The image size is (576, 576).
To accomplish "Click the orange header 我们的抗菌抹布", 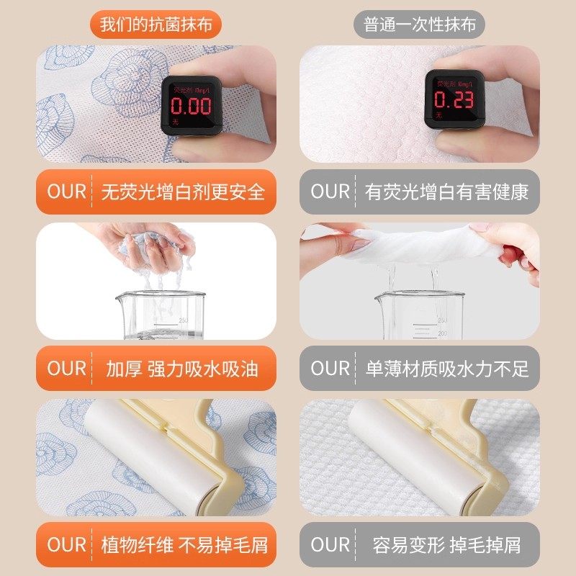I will [x=156, y=25].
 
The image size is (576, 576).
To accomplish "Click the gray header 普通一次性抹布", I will [x=419, y=25].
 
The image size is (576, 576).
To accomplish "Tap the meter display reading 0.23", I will [x=454, y=101].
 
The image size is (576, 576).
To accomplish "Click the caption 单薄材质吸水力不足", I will [x=447, y=368].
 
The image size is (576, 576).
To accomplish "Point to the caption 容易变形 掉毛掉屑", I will [x=447, y=544].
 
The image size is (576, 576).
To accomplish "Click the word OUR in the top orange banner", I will [x=67, y=192].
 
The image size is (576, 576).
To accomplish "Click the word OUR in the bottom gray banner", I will [x=330, y=544].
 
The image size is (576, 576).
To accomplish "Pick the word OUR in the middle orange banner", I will [x=67, y=368].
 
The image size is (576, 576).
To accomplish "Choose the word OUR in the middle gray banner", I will [x=330, y=368].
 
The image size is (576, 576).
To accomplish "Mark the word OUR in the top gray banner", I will [x=330, y=192].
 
